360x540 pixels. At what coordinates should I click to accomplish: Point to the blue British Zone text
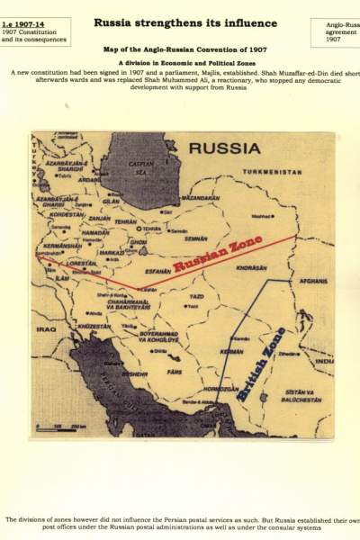pos(261,363)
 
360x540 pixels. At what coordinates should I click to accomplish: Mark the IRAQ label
pos(46,330)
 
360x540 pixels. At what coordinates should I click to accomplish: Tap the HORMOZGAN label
pos(224,389)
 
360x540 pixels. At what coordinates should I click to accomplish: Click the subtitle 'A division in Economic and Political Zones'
pos(179,62)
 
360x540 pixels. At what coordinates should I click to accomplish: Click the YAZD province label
pos(197,295)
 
